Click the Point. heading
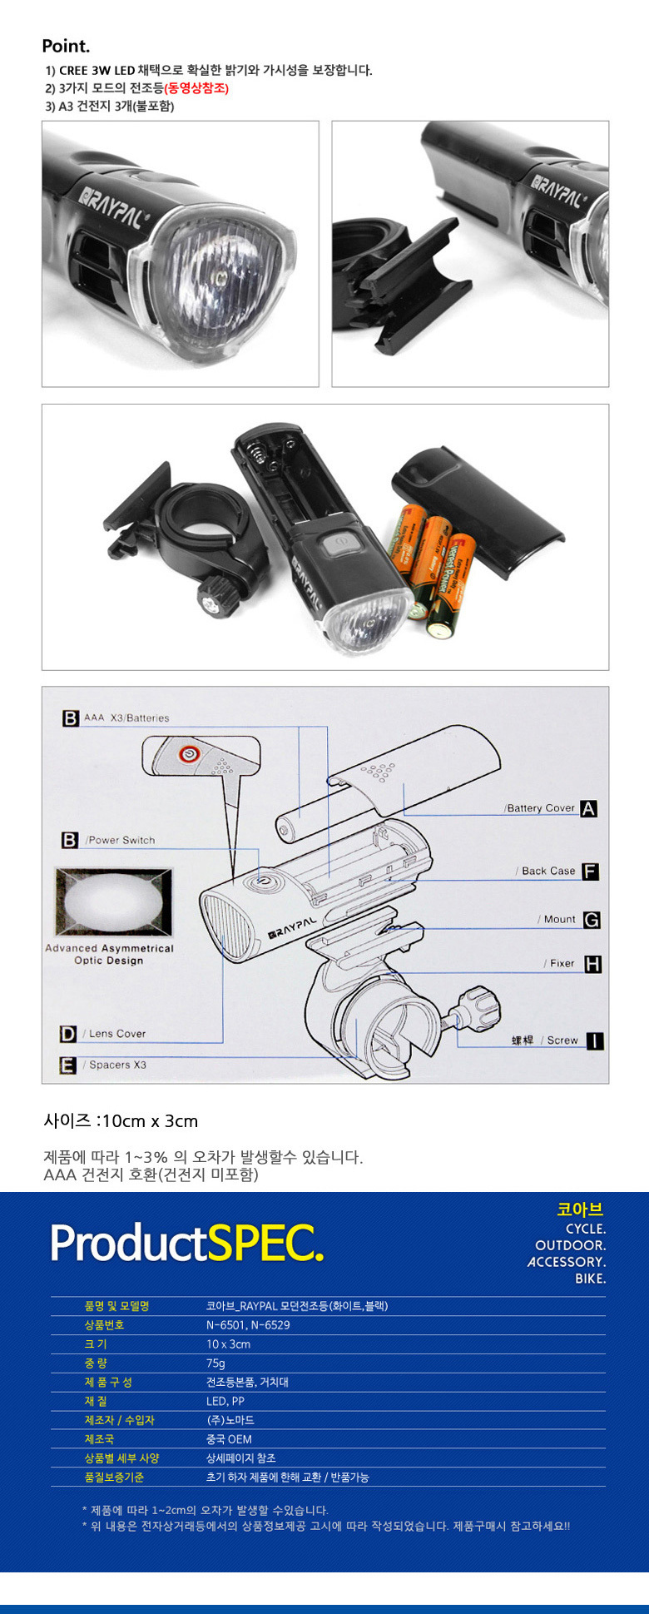(x=66, y=46)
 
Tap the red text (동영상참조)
(x=196, y=88)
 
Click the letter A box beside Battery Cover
(x=588, y=808)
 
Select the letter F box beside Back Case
(x=590, y=872)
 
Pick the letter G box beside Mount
(x=592, y=920)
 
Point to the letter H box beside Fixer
(x=592, y=964)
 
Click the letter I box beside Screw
(x=595, y=1040)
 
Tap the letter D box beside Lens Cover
(x=68, y=1034)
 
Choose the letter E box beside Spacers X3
(x=68, y=1065)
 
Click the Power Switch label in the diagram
(x=121, y=841)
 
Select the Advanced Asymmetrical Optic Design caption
(x=109, y=954)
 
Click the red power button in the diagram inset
(x=188, y=754)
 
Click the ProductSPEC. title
(x=186, y=1244)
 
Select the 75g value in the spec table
(x=216, y=1363)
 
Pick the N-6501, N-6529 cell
(x=248, y=1325)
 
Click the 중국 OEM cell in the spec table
(x=229, y=1439)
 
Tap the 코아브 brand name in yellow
(x=580, y=1209)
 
